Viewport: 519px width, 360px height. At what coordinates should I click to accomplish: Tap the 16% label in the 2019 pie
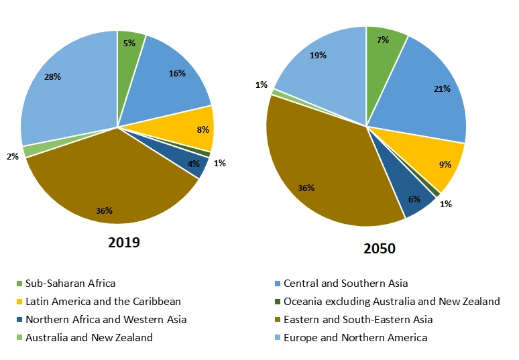tap(177, 74)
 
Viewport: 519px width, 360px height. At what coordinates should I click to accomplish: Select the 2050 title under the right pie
tap(379, 249)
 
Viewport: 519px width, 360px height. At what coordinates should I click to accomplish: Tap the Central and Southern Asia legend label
tap(345, 284)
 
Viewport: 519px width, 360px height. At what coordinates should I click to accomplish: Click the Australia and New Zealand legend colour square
tap(19, 338)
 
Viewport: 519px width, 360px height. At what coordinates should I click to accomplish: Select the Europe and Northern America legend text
tap(355, 338)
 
